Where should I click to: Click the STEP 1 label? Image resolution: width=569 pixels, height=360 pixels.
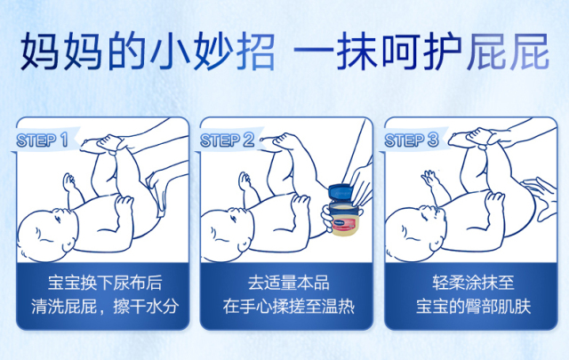pos(42,140)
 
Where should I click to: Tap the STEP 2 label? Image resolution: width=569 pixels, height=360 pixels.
pos(228,140)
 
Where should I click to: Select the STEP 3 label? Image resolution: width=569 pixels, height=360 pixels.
pos(412,140)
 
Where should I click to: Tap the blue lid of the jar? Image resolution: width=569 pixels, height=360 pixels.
pos(341,192)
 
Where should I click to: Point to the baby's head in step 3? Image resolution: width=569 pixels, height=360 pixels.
pos(414,235)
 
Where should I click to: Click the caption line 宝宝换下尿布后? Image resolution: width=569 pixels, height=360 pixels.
pos(105,283)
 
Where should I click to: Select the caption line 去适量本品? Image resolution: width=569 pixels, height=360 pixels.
pos(288,283)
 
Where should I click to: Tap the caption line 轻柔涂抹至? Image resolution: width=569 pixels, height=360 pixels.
pos(473,283)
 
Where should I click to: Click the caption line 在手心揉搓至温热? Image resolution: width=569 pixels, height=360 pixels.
pos(288,307)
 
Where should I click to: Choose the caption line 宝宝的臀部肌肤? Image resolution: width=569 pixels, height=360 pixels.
pos(473,307)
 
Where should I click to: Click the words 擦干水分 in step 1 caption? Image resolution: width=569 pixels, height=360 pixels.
pos(146,307)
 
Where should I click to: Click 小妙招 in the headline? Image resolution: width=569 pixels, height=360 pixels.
pos(212,52)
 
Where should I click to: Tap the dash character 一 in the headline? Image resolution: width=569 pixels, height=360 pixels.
pos(313,52)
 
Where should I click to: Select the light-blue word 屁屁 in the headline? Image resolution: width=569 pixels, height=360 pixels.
pos(508,52)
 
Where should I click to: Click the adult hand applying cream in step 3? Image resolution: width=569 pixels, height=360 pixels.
pos(541,198)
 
